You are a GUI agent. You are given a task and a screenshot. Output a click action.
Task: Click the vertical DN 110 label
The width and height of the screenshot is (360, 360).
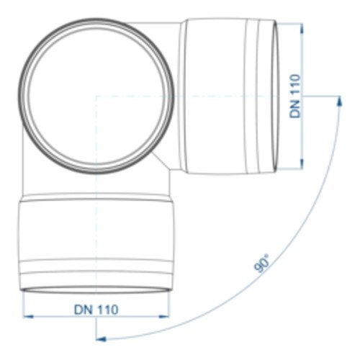pyautogui.click(x=295, y=96)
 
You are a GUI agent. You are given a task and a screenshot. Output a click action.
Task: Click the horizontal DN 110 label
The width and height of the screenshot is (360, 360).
pyautogui.click(x=96, y=310)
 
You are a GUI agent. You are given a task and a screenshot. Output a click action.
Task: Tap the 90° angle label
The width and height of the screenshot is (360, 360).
pyautogui.click(x=262, y=264)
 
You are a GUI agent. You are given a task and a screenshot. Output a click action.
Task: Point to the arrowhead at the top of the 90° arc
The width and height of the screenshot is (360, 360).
pyautogui.click(x=339, y=101)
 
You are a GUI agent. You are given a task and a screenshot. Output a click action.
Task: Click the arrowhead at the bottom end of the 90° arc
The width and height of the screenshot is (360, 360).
pyautogui.click(x=101, y=339)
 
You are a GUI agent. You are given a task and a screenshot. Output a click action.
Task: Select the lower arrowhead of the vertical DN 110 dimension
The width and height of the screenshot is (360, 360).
pyautogui.click(x=302, y=164)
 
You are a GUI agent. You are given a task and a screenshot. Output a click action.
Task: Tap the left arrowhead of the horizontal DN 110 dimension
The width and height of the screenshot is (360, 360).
pyautogui.click(x=28, y=317)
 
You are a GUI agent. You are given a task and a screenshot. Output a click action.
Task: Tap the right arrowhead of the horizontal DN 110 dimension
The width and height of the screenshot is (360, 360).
pyautogui.click(x=164, y=317)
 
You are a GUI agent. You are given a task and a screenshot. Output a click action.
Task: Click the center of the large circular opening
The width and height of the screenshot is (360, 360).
pyautogui.click(x=96, y=96)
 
